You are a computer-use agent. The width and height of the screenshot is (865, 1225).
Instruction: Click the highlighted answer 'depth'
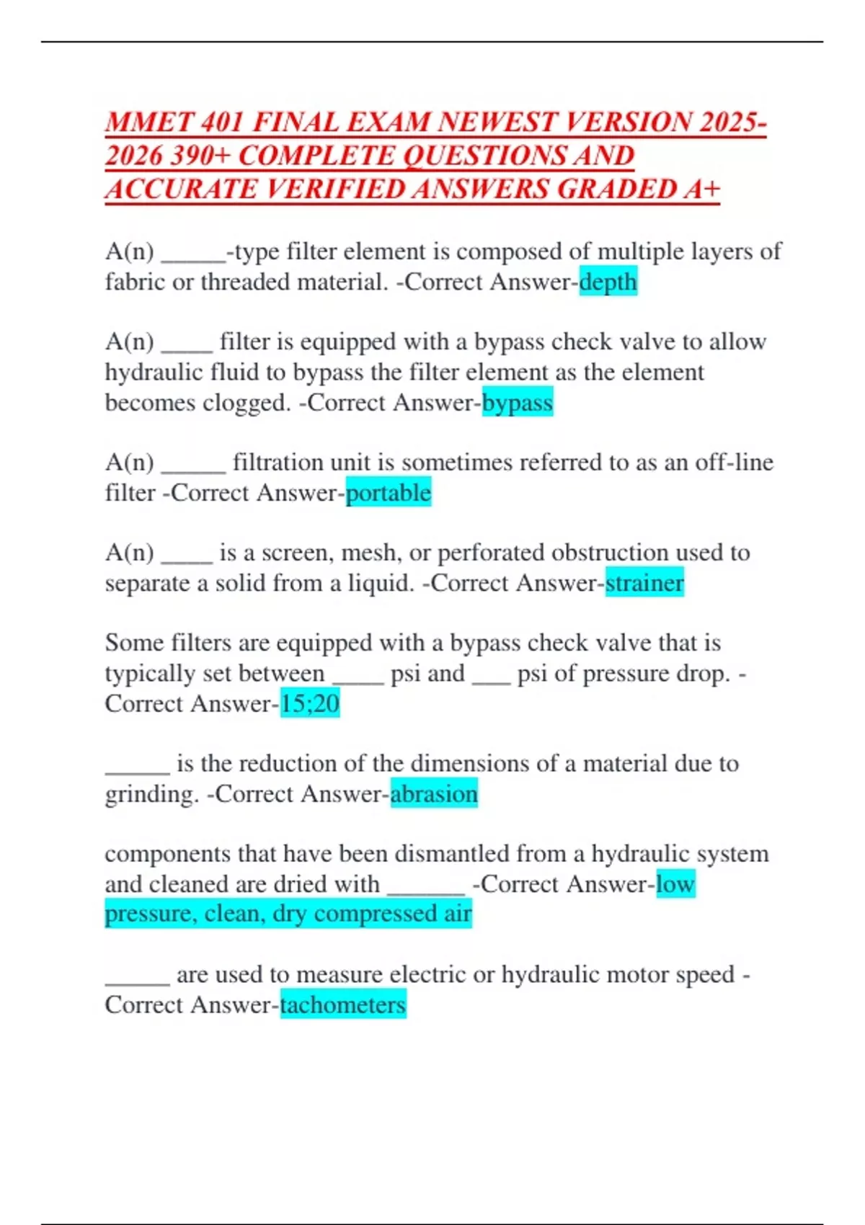tap(608, 282)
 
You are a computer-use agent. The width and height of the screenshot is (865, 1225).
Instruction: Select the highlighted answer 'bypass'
tap(518, 402)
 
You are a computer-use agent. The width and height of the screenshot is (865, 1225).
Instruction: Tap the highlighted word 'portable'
tap(389, 493)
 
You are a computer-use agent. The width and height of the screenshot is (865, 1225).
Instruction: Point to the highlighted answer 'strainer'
tap(644, 583)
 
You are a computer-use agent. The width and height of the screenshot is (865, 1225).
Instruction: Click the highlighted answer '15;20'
tap(309, 703)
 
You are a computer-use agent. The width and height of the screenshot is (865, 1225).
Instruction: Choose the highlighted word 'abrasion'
tap(434, 794)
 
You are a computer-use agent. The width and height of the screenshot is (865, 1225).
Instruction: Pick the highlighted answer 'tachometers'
tap(343, 1004)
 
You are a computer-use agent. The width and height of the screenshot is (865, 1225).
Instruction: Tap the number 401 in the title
tap(223, 122)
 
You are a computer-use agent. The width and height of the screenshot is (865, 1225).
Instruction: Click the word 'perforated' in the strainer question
tap(490, 553)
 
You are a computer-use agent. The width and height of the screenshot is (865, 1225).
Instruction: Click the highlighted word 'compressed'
tap(371, 914)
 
